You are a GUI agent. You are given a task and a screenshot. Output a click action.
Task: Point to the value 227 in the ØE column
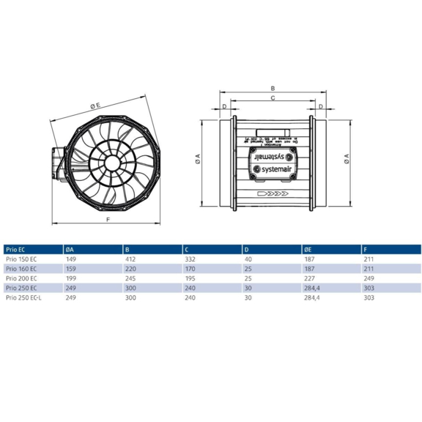(x=308, y=279)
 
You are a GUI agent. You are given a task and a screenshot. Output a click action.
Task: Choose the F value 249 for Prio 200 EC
(x=368, y=279)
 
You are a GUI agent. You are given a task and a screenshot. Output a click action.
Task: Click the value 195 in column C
(x=189, y=279)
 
